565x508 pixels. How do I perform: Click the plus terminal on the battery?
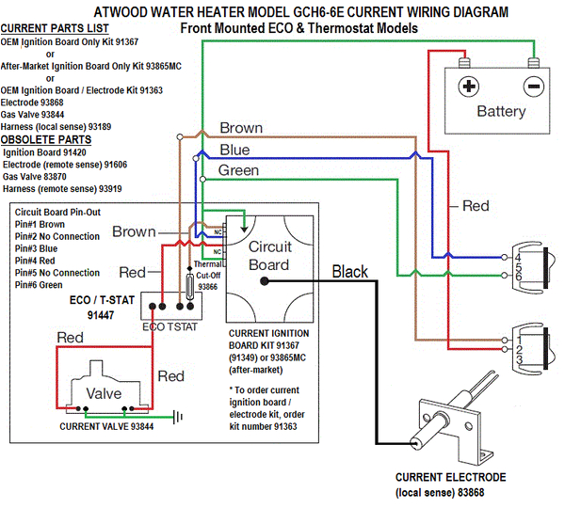(x=468, y=87)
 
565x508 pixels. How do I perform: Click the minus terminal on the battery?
(x=533, y=87)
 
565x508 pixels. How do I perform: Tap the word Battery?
(x=501, y=112)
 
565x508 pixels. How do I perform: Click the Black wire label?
(x=349, y=272)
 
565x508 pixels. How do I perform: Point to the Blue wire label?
(x=234, y=150)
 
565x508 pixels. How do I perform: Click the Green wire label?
(x=238, y=170)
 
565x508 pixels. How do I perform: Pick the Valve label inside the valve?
(x=104, y=393)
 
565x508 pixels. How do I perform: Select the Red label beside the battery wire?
(x=476, y=205)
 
